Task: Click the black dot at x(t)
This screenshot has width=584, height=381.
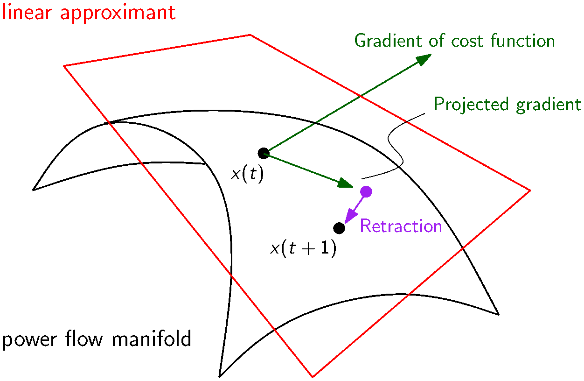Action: tap(263, 153)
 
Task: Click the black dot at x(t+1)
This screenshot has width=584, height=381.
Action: tap(339, 228)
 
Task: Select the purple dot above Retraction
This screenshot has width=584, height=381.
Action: tap(366, 191)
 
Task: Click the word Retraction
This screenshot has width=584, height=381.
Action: tap(401, 226)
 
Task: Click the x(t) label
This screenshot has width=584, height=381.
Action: tap(247, 174)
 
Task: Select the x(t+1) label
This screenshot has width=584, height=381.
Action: tap(303, 249)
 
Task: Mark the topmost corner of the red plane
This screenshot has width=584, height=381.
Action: tap(250, 35)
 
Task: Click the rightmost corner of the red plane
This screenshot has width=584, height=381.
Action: tap(530, 190)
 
